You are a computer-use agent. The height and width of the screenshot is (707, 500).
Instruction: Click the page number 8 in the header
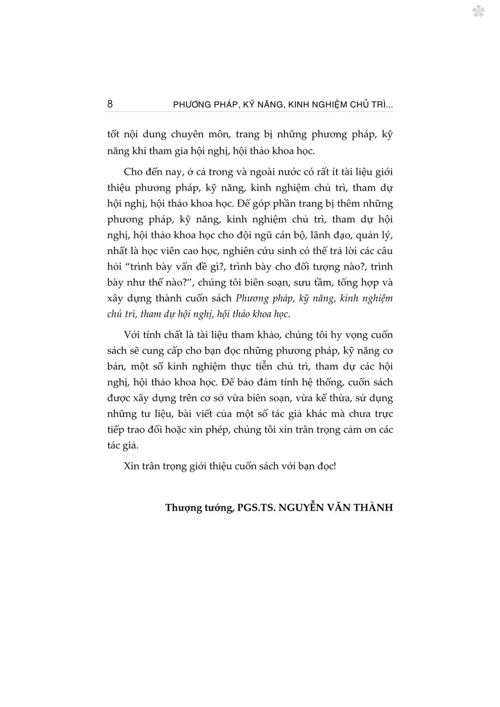tap(110, 104)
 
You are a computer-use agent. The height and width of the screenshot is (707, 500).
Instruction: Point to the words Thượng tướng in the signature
tap(199, 508)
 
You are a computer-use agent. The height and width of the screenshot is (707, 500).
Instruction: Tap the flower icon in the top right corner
tap(478, 11)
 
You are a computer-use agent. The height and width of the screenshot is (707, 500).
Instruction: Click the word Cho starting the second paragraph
tap(133, 172)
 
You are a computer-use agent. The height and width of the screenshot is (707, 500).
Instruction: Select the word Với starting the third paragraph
tap(132, 335)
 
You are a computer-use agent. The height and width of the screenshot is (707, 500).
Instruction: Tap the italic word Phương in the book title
tap(252, 298)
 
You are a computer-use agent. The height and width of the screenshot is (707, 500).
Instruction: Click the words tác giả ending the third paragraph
tap(122, 445)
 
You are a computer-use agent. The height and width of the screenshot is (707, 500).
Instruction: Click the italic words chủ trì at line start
tap(121, 314)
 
